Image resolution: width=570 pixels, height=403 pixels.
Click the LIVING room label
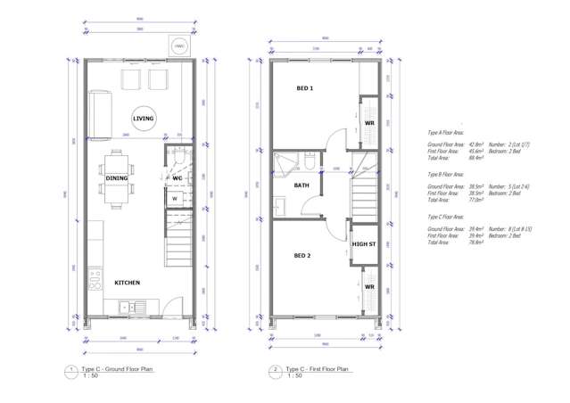[142, 119]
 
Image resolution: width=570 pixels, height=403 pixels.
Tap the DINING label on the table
[117, 178]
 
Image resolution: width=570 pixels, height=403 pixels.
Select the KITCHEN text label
[127, 283]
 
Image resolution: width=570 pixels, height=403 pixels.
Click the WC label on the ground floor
[177, 178]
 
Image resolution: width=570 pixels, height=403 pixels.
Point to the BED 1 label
[305, 88]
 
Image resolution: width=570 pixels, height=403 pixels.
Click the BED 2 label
[302, 255]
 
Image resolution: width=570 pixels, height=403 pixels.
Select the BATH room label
[302, 185]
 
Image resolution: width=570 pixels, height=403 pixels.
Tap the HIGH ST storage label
[363, 243]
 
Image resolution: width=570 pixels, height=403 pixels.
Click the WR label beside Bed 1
[368, 123]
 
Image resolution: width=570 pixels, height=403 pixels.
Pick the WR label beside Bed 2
[368, 286]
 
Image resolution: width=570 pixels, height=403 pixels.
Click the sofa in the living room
[99, 114]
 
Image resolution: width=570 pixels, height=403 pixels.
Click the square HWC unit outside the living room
[178, 44]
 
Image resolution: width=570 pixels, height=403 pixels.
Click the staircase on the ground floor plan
[178, 236]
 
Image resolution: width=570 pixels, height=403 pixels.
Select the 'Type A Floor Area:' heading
[446, 131]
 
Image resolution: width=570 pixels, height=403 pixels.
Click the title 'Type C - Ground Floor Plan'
[115, 369]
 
